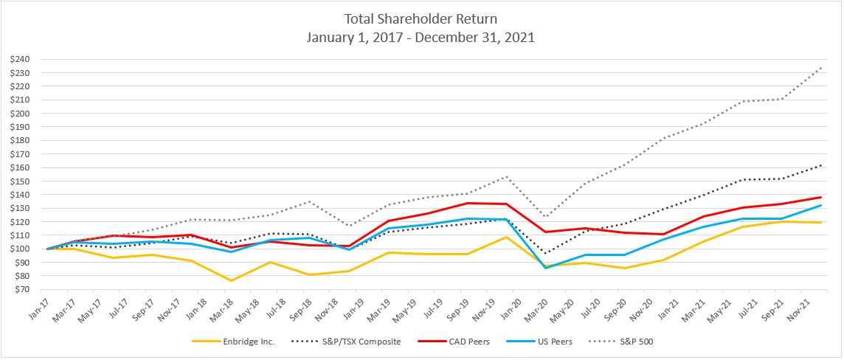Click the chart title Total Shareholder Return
click(421, 18)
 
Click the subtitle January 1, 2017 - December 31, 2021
click(421, 38)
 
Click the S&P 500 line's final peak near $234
click(820, 68)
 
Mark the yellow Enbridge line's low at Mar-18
click(230, 280)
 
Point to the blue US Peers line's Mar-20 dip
click(544, 268)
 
